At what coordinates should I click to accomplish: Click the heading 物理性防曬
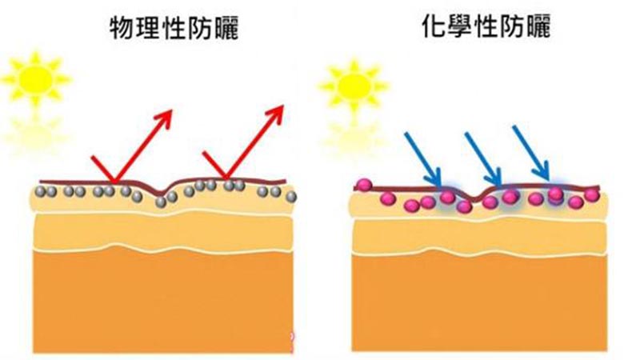174,27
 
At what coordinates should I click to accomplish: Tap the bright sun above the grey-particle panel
36,78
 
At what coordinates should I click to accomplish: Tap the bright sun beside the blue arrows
354,86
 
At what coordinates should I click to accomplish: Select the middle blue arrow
483,158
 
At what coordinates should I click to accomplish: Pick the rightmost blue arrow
531,152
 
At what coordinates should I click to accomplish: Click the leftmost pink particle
363,185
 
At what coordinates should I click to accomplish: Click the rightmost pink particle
591,194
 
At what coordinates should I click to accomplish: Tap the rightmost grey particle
291,197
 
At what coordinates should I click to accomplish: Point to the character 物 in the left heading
122,28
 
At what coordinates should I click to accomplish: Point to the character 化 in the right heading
434,26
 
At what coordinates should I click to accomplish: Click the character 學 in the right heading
460,26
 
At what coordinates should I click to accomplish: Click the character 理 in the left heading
148,28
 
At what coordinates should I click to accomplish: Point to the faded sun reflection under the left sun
36,133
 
